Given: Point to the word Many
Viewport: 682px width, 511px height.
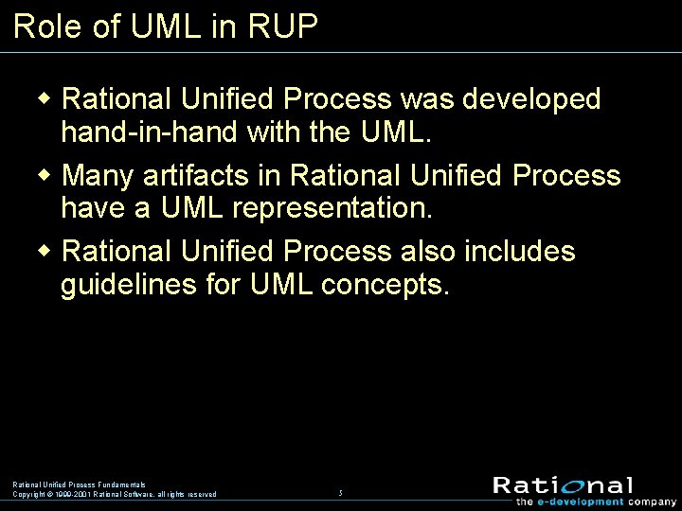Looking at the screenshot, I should coord(99,176).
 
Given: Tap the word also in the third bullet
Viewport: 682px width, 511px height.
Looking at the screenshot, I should coord(428,252).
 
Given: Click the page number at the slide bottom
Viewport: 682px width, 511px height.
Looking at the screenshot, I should coord(340,494).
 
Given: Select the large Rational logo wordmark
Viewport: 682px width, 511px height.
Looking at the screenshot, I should coord(563,485).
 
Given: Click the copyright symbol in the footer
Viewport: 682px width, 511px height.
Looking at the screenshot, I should coord(49,494).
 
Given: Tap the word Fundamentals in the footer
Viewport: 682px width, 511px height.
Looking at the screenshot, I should coord(121,485).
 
